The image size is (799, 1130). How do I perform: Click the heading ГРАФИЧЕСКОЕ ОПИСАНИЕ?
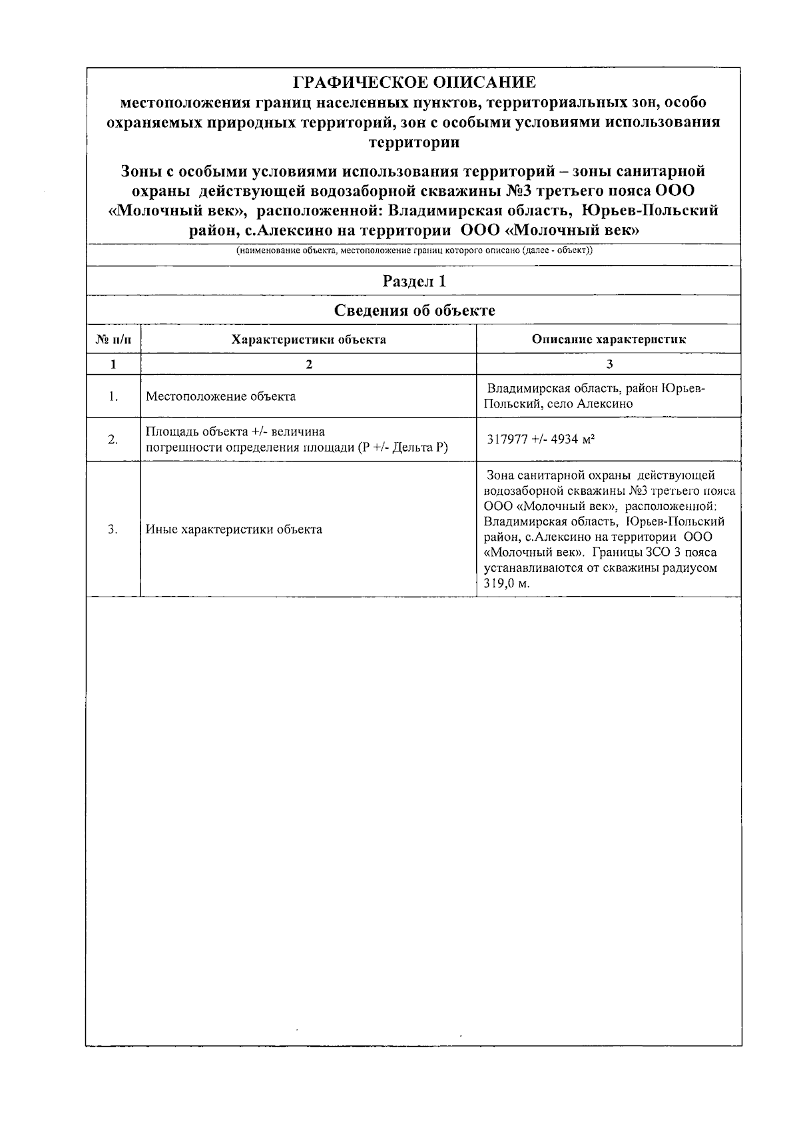414,83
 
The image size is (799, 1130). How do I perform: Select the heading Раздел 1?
414,281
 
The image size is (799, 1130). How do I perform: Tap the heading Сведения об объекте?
414,310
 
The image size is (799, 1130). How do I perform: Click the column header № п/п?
113,340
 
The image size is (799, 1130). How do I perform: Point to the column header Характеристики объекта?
308,340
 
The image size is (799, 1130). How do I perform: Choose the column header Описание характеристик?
609,340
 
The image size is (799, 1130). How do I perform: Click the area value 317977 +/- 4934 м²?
541,439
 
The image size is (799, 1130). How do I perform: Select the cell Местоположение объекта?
221,397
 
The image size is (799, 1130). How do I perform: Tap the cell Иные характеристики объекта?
234,530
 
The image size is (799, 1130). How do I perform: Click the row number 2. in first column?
113,439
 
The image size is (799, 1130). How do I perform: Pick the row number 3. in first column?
113,530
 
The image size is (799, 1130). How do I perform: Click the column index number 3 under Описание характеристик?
609,364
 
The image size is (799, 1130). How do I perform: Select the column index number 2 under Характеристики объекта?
308,364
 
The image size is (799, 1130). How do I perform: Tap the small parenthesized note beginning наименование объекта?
414,251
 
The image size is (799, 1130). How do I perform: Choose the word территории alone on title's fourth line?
414,142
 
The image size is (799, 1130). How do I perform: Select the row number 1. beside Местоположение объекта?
113,397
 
